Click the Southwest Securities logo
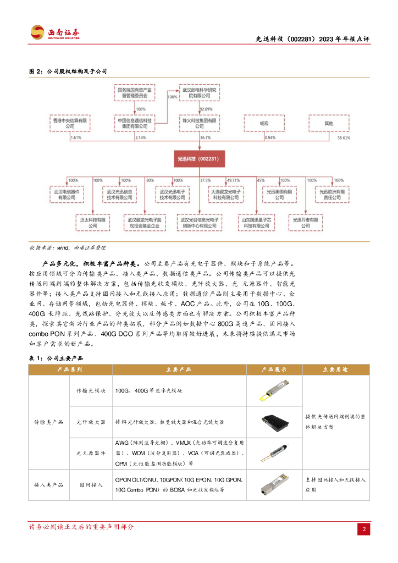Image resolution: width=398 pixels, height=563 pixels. click(54, 34)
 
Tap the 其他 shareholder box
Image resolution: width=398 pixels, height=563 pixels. click(329, 124)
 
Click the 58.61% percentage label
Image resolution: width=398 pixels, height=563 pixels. click(342, 138)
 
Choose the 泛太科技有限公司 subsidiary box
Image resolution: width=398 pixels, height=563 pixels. click(92, 222)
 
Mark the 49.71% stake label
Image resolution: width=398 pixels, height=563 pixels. click(233, 180)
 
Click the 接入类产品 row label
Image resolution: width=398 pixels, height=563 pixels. click(49, 485)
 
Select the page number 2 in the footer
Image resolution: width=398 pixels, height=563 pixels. click(363, 529)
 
